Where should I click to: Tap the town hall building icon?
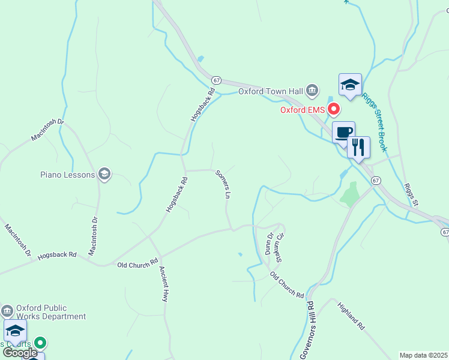point(312,91)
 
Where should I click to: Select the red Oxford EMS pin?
point(333,109)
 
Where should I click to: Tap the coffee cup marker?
point(344,133)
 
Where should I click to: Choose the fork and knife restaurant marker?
point(358,148)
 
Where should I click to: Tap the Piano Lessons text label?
point(67,175)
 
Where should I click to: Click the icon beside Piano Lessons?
point(104,175)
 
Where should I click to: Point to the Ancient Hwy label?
point(164,284)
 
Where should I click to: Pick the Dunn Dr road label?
point(269,244)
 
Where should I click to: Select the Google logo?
point(20,353)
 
